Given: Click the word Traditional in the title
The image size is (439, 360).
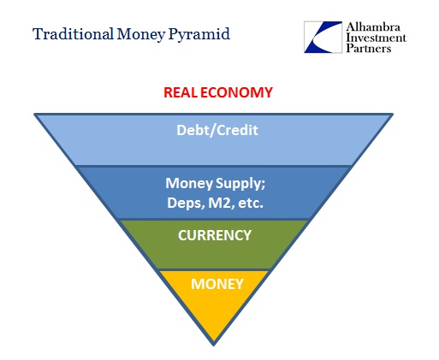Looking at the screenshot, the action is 73,34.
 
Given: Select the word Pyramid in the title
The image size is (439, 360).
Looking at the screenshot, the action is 199,34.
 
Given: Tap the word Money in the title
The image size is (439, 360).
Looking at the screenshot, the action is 141,34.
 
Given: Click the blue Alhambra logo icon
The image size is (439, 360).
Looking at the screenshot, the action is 323,37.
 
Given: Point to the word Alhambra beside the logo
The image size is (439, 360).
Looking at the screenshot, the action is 373,27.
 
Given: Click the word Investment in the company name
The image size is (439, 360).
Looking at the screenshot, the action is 376,38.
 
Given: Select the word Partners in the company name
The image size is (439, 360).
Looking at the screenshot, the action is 369,48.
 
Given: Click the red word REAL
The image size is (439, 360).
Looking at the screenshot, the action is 181,92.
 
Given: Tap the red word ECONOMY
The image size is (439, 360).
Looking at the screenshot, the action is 236,92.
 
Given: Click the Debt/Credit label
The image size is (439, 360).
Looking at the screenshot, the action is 217,130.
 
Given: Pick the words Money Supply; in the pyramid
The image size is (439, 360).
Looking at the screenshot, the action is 216,183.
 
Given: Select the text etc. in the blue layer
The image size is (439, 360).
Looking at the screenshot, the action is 251,203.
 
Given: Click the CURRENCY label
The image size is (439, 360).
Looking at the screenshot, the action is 215,235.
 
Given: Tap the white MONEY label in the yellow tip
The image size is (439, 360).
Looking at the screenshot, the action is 217,284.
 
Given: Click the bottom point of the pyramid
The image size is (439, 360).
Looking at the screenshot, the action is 214,345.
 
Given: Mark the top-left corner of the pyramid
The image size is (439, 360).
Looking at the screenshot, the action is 34,115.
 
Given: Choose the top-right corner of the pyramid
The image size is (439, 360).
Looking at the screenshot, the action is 393,115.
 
